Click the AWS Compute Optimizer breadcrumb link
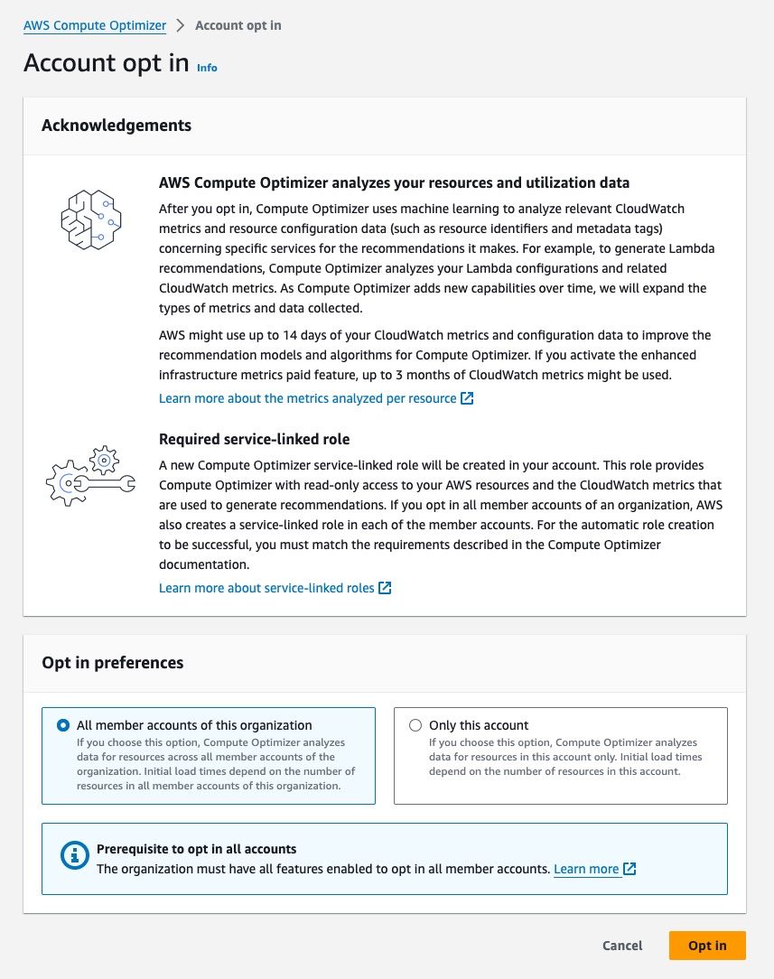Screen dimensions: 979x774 click(x=95, y=25)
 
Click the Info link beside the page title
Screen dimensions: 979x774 click(x=207, y=68)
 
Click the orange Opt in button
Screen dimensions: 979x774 click(x=706, y=946)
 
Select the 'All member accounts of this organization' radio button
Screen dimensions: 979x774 click(x=63, y=725)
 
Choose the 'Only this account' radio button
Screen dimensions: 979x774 click(x=415, y=725)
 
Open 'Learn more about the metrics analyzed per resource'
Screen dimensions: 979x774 click(x=307, y=398)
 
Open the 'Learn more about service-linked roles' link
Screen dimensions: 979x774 click(x=266, y=588)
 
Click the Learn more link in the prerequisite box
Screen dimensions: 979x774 click(x=586, y=869)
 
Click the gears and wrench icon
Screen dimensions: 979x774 click(x=90, y=475)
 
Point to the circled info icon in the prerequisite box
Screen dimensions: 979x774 click(x=74, y=857)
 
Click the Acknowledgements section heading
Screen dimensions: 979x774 click(x=117, y=126)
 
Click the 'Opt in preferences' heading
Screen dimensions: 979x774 click(x=112, y=663)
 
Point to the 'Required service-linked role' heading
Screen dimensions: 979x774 click(x=254, y=440)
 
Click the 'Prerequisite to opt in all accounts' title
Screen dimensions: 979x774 click(x=196, y=849)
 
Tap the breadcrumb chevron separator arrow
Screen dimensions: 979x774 click(x=181, y=25)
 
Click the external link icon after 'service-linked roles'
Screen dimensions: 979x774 click(x=385, y=588)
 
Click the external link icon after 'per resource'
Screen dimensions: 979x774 click(x=467, y=398)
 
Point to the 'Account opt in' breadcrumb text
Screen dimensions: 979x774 click(x=238, y=25)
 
